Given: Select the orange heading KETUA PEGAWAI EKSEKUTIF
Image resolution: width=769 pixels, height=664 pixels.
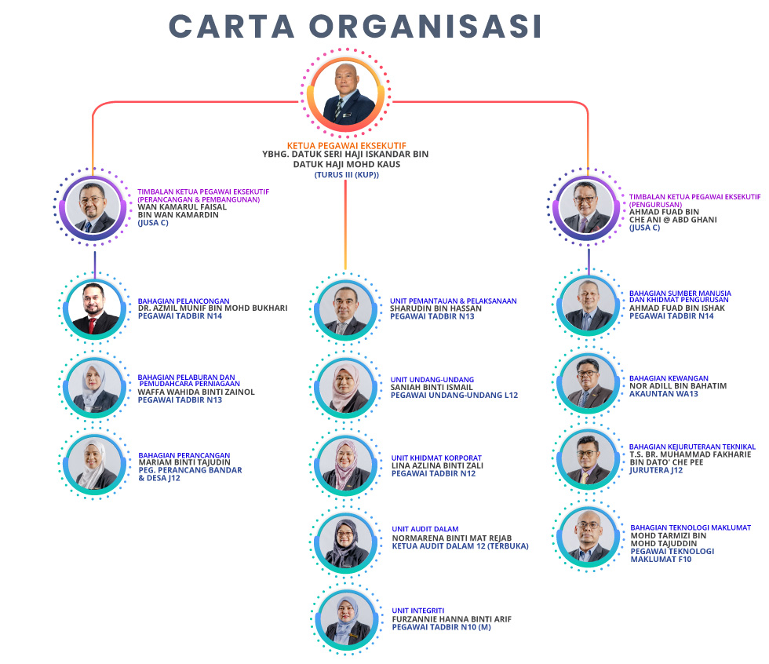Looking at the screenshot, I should point(344,146).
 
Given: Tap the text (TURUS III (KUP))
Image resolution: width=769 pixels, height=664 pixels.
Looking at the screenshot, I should point(345,174).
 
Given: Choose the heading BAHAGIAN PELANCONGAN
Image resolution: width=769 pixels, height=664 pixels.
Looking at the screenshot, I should point(184,300).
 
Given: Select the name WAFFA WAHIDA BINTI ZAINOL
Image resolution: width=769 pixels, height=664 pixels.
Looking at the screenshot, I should point(196,392).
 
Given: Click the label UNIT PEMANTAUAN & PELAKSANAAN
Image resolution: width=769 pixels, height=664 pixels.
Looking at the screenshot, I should point(454,301).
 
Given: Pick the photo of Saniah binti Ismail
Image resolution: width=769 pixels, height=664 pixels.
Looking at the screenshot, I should point(345,385).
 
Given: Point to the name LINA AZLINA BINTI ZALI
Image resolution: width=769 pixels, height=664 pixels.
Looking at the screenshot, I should point(437,465).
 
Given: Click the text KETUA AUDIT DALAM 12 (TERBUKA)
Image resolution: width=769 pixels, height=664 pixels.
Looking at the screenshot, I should point(460,546).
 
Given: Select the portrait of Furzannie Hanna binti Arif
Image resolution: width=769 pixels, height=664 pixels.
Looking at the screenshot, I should point(345,618).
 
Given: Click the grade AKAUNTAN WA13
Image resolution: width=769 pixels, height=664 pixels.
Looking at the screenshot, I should point(663,394).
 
